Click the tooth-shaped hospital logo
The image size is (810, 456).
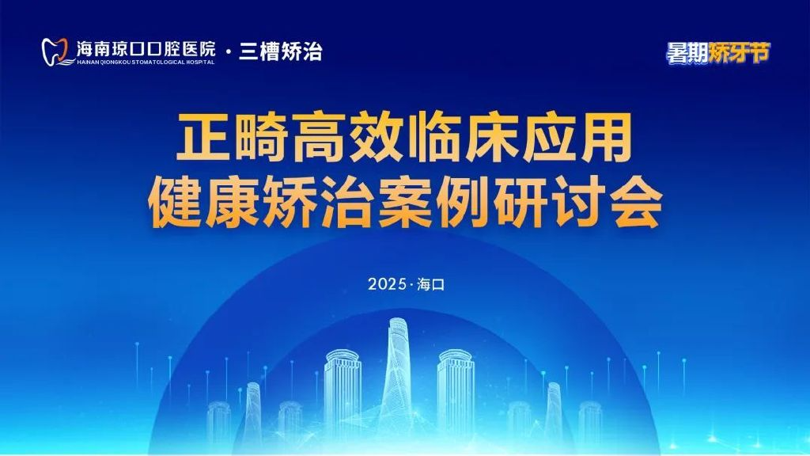point(55,51)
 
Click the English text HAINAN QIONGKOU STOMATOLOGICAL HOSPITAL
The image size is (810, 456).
point(146,62)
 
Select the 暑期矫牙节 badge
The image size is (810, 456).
point(717,52)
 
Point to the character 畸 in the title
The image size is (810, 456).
point(260,138)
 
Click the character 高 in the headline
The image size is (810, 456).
point(318,138)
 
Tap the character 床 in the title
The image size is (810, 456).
point(490,138)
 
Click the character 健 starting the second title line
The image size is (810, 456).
point(174,202)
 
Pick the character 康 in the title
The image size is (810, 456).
point(232,202)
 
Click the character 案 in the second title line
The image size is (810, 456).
point(404,202)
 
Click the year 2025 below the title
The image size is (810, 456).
point(387,284)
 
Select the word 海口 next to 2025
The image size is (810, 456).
point(431,284)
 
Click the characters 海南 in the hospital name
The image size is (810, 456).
point(94,49)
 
